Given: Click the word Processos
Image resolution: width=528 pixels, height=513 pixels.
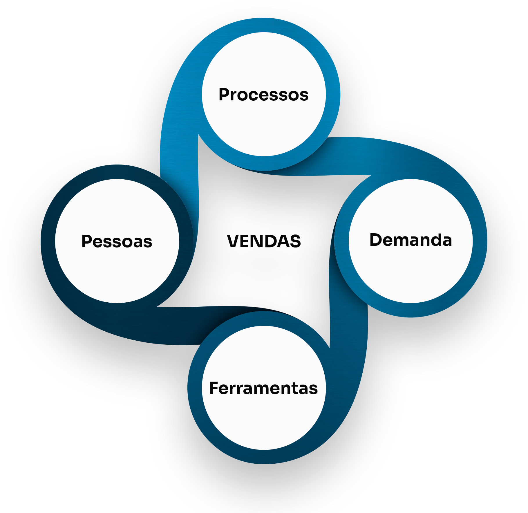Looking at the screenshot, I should coord(263,95).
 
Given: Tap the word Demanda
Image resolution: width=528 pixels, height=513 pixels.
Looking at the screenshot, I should coord(411,240).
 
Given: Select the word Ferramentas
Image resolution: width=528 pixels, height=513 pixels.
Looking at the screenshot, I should coord(263,388).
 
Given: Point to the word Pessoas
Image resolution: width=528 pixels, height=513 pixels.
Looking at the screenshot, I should coord(117,241).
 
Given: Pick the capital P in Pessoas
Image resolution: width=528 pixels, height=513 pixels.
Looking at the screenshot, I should coord(87,241).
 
